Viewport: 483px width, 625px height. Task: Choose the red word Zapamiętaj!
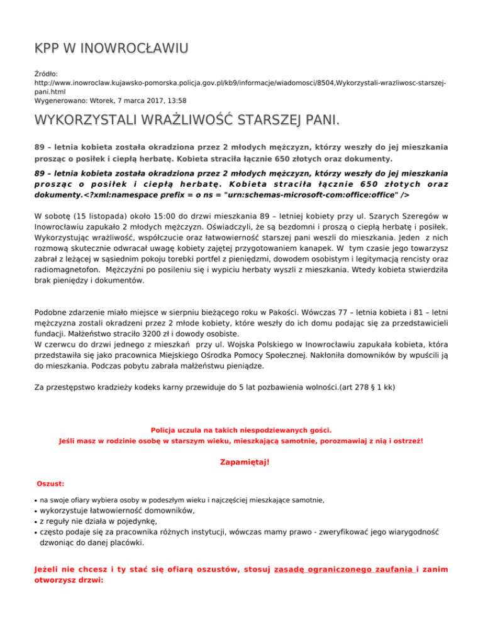(x=241, y=462)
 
